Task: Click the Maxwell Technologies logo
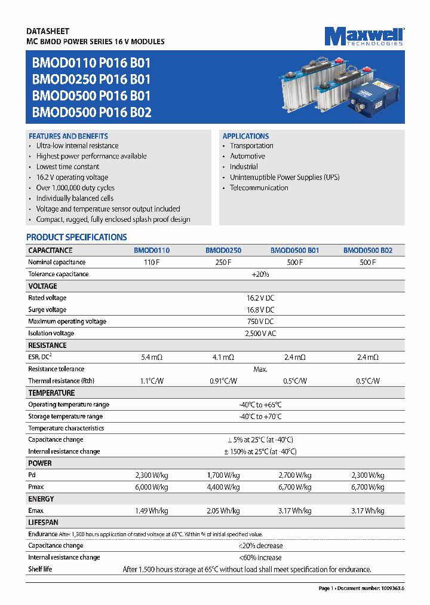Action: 364,36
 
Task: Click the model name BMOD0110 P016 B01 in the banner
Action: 91,63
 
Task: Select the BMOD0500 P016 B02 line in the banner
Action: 91,112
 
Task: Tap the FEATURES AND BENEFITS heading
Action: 68,136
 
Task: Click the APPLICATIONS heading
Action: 245,136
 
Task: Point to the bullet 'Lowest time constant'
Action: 67,167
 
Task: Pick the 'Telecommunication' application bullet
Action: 259,188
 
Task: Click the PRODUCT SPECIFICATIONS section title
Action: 76,237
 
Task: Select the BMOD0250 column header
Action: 223,250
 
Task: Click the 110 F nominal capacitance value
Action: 152,262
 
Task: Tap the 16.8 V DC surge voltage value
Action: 260,310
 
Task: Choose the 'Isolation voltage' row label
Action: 51,333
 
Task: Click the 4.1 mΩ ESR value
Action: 224,357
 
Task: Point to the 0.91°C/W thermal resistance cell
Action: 223,381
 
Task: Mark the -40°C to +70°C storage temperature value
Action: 260,416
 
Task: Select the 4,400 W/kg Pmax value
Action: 223,487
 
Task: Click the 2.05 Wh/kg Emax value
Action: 223,511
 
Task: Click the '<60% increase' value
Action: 260,557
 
